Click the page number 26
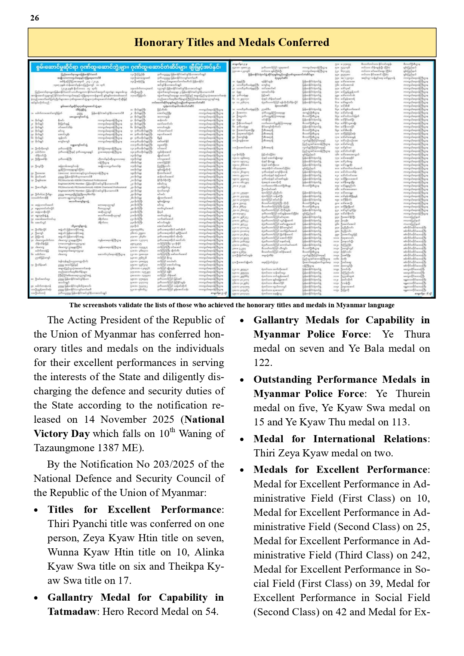pyautogui.click(x=34, y=18)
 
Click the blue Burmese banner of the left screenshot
pyautogui.click(x=129, y=67)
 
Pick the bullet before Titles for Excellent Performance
pyautogui.click(x=36, y=510)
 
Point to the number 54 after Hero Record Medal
pyautogui.click(x=211, y=612)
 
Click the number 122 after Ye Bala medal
pyautogui.click(x=262, y=363)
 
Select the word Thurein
pyautogui.click(x=413, y=394)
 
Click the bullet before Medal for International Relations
pyautogui.click(x=242, y=440)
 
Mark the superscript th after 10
pyautogui.click(x=172, y=430)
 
